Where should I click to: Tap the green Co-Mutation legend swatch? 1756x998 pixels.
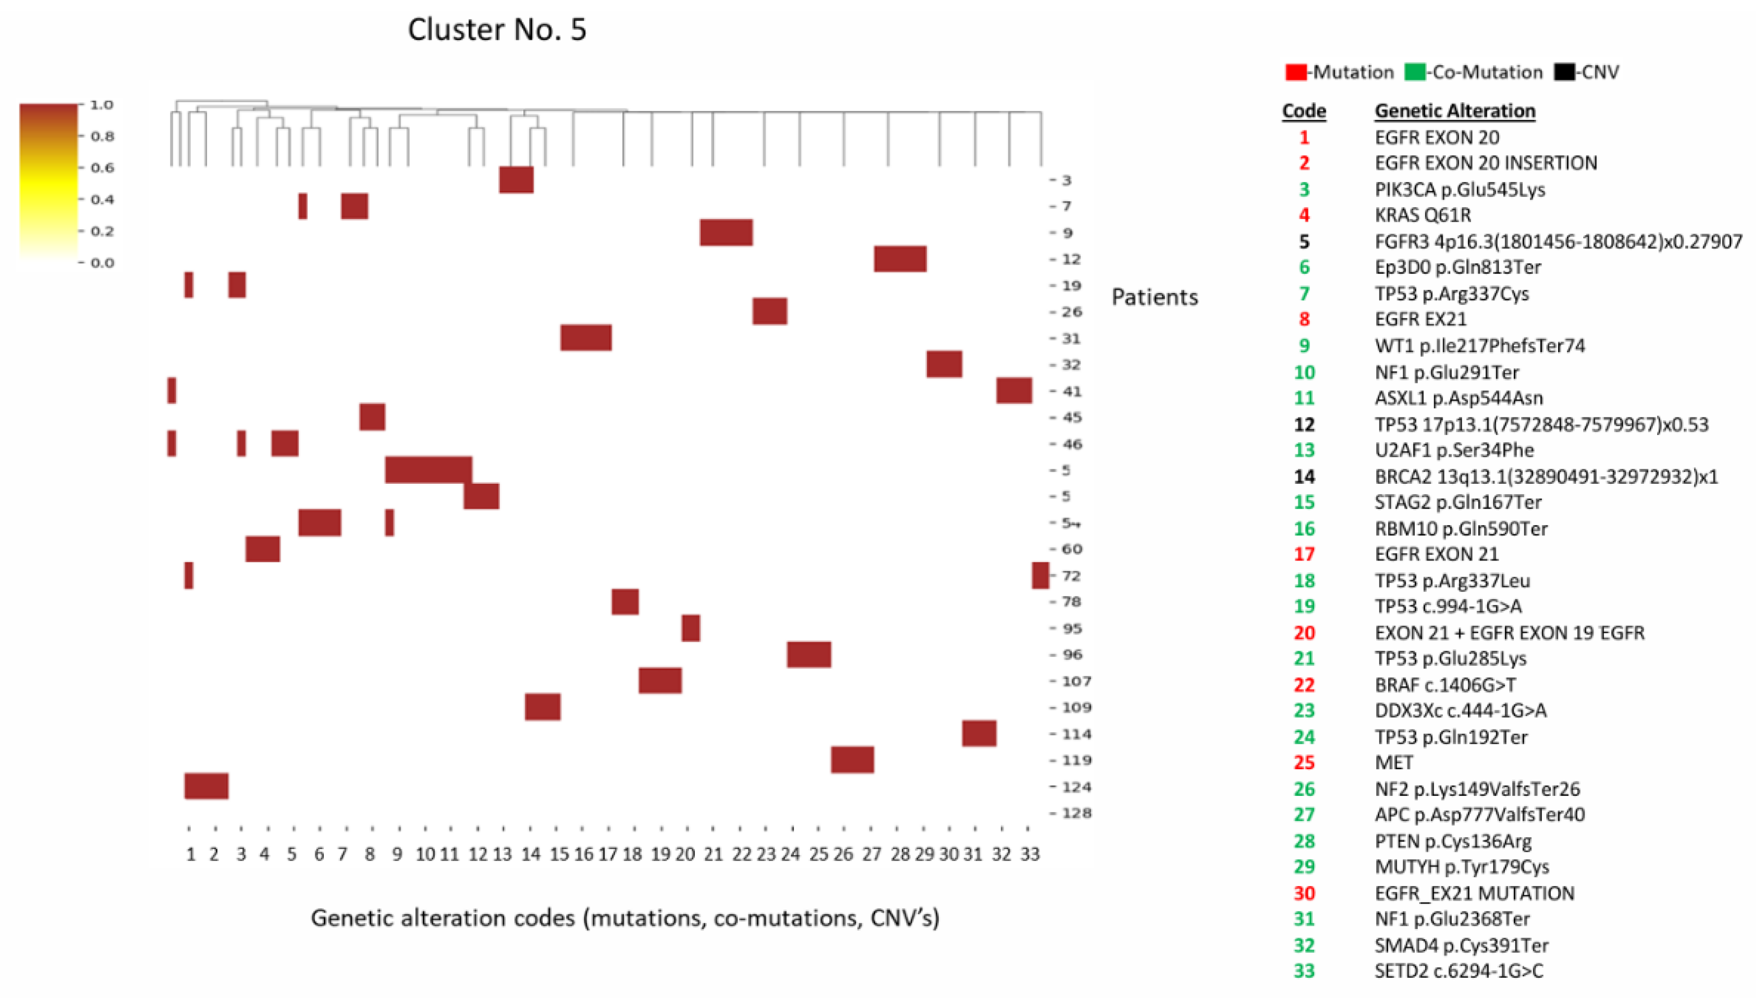pos(1414,72)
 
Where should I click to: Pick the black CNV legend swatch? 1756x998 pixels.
pos(1564,72)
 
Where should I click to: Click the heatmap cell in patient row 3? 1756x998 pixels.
pos(516,179)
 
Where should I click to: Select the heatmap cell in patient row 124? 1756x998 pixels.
pos(206,786)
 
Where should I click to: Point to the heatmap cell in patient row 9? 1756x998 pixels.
pos(725,232)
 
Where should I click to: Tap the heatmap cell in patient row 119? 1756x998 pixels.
pos(852,759)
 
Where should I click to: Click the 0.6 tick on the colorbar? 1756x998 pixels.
pos(102,168)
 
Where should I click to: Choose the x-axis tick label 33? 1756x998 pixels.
pos(1030,854)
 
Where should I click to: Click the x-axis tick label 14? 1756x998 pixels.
pos(530,854)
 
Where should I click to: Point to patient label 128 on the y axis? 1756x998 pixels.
pos(1076,813)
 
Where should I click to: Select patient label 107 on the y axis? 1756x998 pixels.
pos(1076,681)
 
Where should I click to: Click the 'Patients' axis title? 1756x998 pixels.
pos(1155,297)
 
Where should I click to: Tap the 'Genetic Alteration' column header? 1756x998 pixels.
pos(1454,111)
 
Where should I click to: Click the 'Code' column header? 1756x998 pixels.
pos(1304,111)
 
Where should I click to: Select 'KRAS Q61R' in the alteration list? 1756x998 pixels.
pos(1422,215)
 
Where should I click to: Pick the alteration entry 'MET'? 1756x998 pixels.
pos(1394,763)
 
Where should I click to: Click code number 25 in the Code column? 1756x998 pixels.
pos(1304,763)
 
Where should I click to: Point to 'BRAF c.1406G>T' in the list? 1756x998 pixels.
pos(1445,685)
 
